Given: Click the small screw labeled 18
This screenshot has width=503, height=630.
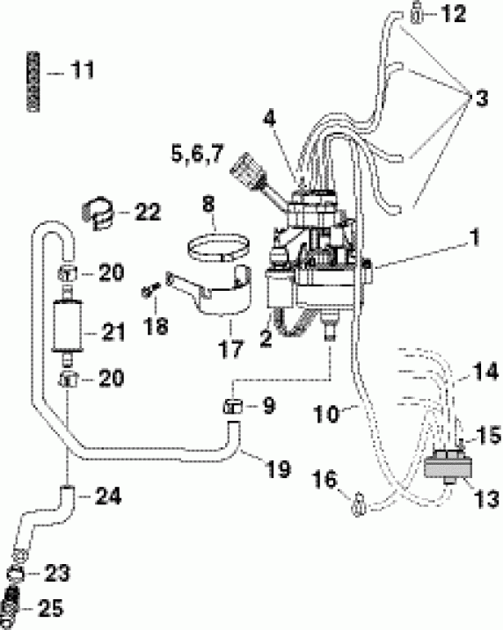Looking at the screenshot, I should pyautogui.click(x=149, y=290).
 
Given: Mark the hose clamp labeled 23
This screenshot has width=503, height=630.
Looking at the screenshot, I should pyautogui.click(x=17, y=573).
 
